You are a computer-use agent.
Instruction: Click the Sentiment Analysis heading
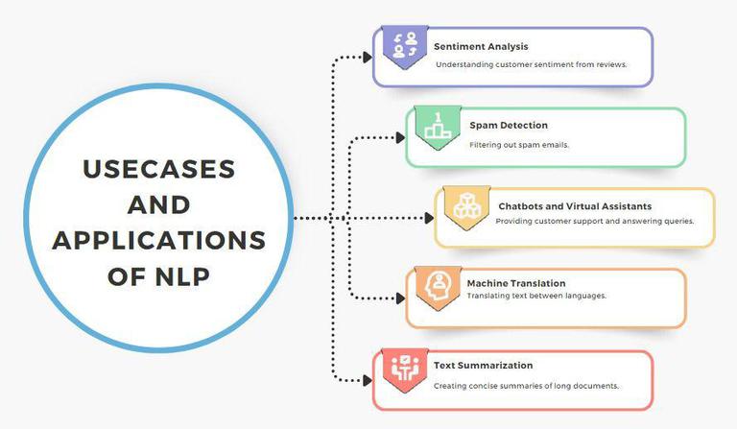[480, 46]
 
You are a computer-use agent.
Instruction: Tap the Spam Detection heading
[509, 126]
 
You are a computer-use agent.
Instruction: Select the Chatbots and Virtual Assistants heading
[575, 205]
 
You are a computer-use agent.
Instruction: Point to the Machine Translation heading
[515, 283]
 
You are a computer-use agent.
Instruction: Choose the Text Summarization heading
[483, 366]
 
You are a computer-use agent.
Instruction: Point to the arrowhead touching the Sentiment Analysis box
[368, 58]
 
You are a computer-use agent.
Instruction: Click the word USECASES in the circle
[158, 169]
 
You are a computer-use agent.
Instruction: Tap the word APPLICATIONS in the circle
[158, 239]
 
